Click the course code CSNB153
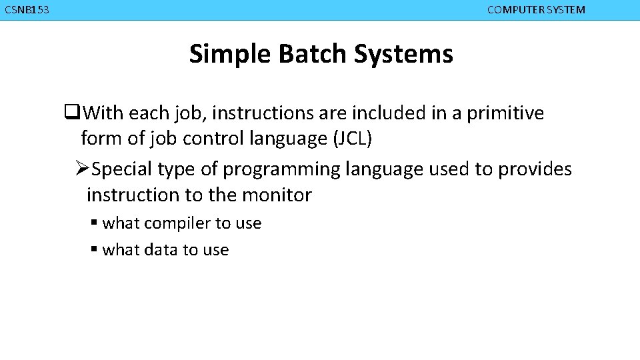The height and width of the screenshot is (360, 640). (27, 10)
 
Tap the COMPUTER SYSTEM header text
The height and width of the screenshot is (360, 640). (536, 10)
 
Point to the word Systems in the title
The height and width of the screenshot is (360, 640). (403, 54)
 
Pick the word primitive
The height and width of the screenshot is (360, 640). (505, 113)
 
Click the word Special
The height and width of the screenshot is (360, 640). (123, 169)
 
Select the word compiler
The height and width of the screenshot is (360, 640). (176, 223)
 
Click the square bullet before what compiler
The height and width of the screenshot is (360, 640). (95, 223)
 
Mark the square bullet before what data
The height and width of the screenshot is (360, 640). (95, 250)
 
